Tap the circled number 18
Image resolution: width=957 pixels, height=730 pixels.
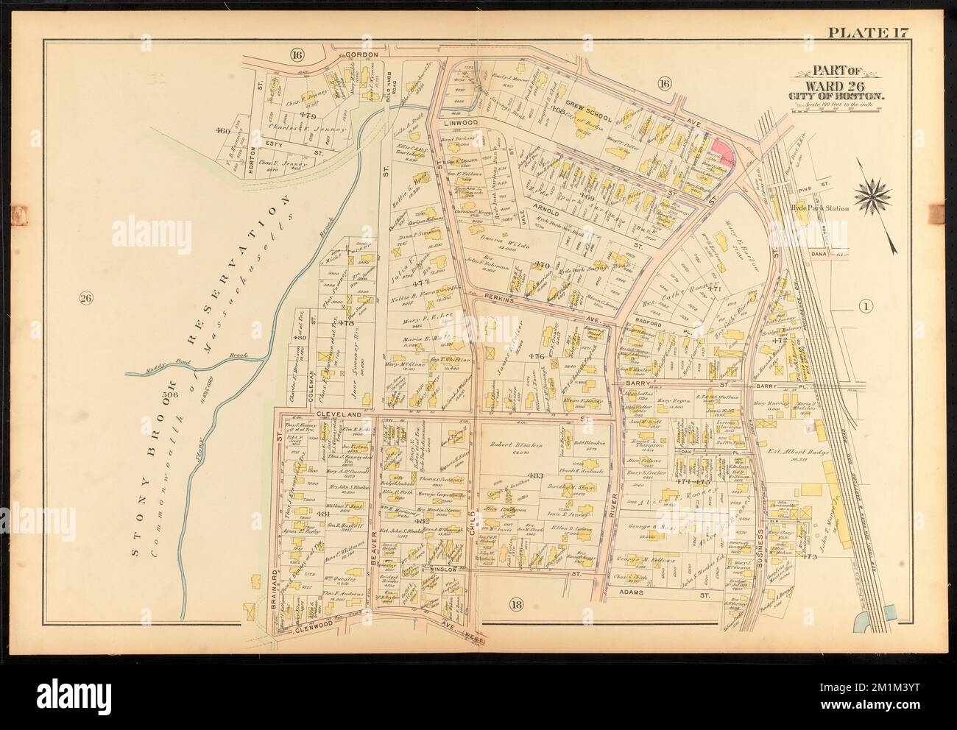click(x=515, y=605)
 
